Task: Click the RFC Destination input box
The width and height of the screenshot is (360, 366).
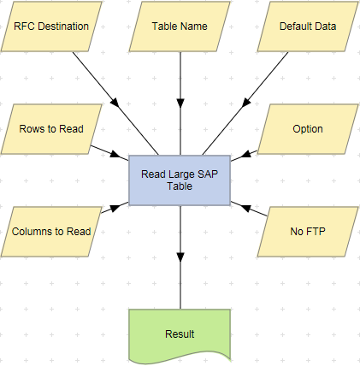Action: tap(51, 26)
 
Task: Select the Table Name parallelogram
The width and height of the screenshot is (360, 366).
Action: tap(180, 26)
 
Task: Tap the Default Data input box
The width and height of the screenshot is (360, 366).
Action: tap(308, 26)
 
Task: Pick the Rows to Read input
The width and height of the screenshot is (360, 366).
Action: tap(51, 129)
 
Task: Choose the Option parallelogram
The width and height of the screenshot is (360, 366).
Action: tap(308, 129)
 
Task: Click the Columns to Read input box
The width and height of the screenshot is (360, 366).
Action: tap(51, 231)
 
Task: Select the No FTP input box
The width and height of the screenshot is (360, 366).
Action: tap(308, 231)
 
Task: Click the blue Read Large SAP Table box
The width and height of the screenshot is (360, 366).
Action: tap(180, 180)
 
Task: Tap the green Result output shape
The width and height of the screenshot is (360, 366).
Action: tap(180, 333)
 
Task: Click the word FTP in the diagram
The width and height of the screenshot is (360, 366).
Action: tap(316, 231)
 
